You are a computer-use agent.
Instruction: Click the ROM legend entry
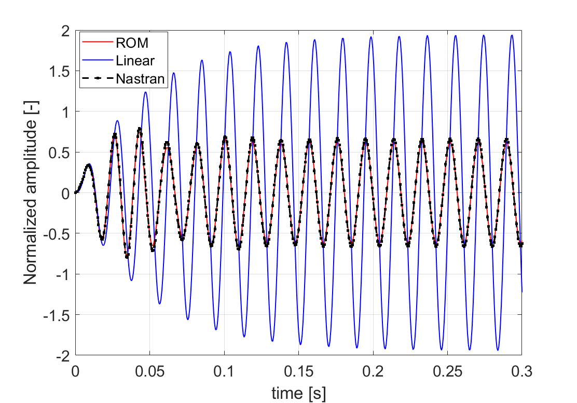coord(132,41)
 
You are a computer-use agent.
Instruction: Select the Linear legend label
coord(135,60)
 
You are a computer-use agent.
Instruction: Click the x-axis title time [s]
coord(299,394)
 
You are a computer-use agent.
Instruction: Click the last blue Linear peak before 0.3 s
coord(512,35)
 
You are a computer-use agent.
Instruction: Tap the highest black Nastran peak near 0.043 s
coord(140,129)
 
